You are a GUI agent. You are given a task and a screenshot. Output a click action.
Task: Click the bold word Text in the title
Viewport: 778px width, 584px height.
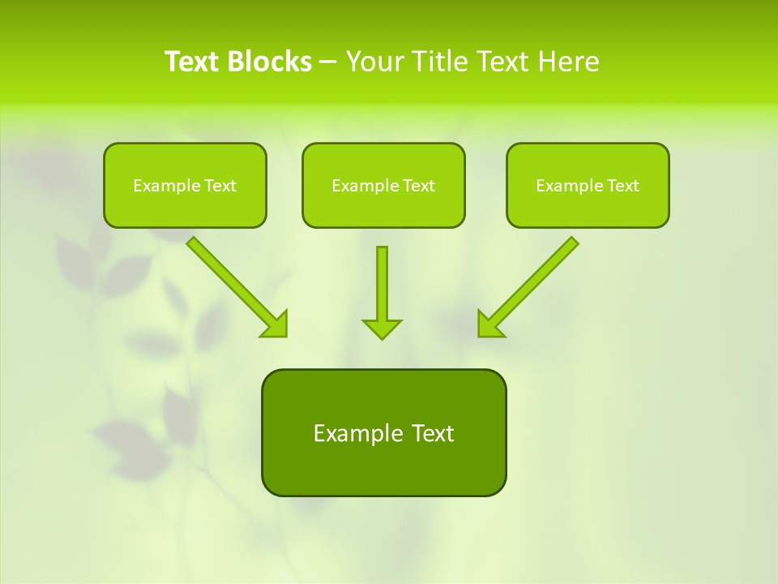(x=192, y=62)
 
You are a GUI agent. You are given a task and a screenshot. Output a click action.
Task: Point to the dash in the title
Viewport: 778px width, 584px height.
(x=328, y=62)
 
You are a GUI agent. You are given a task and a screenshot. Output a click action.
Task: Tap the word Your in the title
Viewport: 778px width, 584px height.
(x=375, y=62)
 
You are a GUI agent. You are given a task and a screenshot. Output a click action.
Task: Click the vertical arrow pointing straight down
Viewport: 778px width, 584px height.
(x=382, y=284)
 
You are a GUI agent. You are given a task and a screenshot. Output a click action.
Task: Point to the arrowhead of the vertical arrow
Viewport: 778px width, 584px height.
(x=382, y=328)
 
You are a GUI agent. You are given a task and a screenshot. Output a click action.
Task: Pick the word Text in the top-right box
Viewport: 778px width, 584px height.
(x=623, y=186)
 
